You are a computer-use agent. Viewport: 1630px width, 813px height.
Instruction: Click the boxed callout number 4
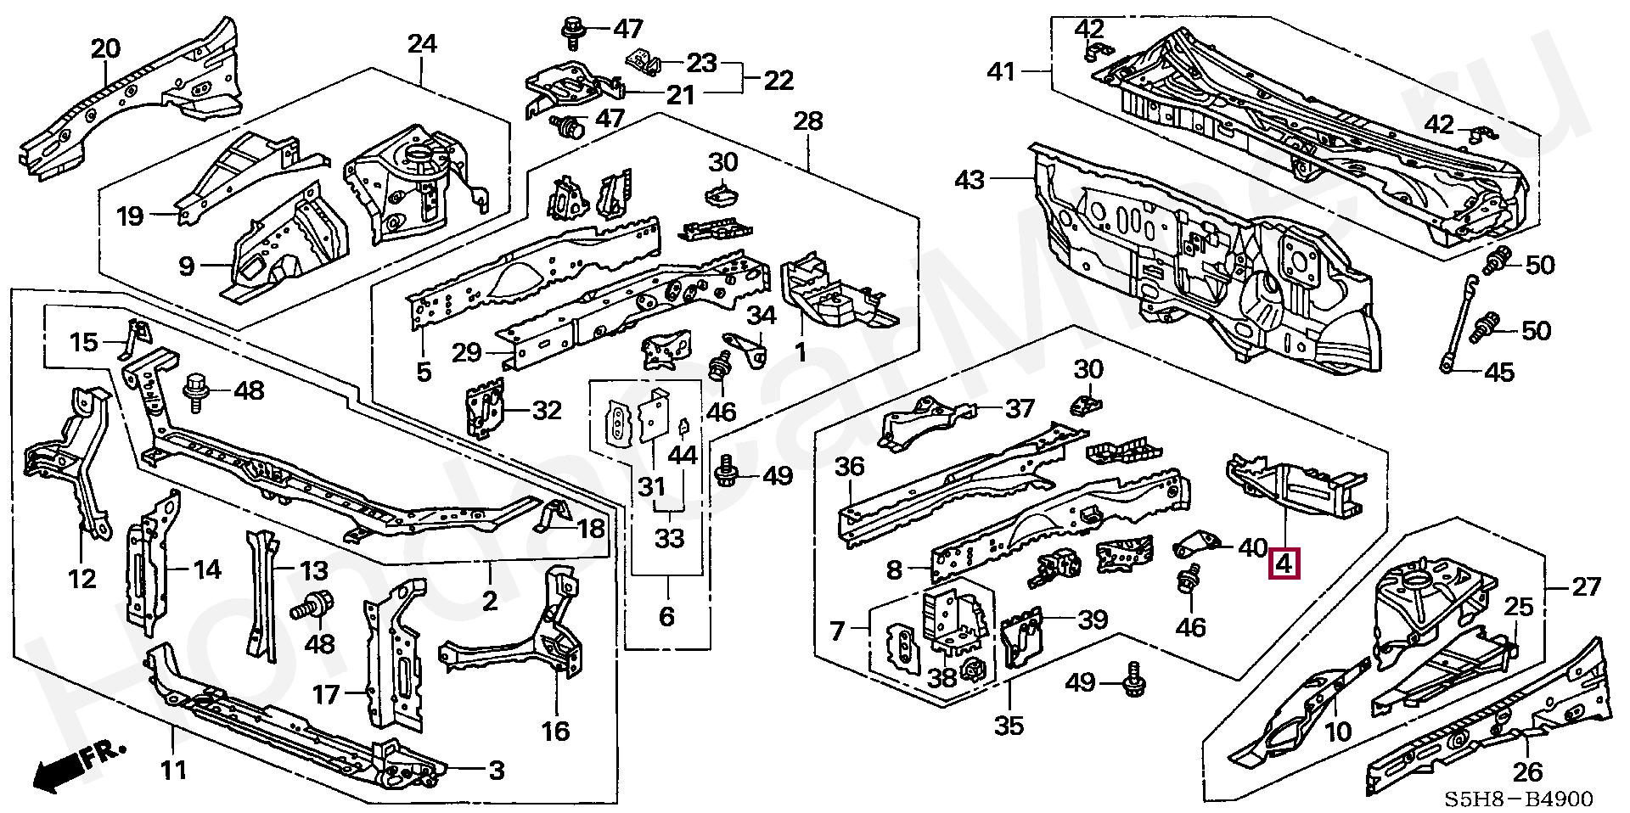(x=1283, y=563)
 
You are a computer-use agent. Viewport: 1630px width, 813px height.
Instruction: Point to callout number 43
(x=970, y=180)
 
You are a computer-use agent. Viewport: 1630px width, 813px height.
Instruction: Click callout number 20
(x=106, y=49)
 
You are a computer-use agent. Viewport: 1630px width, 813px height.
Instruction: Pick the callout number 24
(x=422, y=43)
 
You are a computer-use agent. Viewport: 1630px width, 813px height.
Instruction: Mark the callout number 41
(x=1002, y=71)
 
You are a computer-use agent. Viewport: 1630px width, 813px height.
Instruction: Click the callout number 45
(x=1501, y=372)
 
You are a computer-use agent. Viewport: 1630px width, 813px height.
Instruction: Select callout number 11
(x=173, y=771)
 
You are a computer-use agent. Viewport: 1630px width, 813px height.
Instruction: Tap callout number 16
(x=556, y=730)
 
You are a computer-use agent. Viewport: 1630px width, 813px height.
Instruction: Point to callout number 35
(x=1009, y=725)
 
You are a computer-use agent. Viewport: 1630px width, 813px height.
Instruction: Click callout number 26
(x=1526, y=772)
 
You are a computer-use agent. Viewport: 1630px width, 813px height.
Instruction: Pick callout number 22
(x=778, y=80)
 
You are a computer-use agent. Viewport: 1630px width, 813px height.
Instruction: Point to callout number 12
(x=81, y=579)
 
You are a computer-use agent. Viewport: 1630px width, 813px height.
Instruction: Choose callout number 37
(x=1020, y=410)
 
